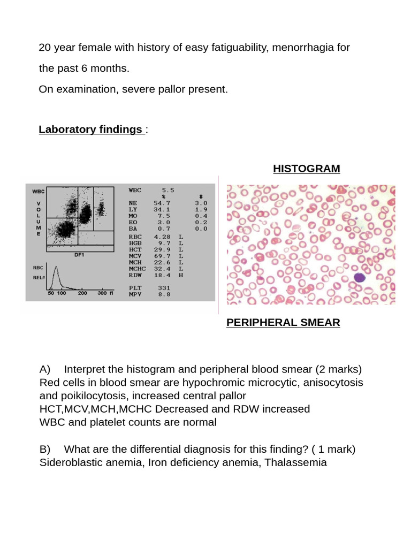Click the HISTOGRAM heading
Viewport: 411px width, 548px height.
coord(306,169)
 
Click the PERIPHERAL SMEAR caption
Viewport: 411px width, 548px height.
coord(283,323)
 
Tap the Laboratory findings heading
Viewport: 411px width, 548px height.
coord(90,130)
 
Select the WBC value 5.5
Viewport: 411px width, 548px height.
coord(168,190)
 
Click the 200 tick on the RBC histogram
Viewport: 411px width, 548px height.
coord(82,294)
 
